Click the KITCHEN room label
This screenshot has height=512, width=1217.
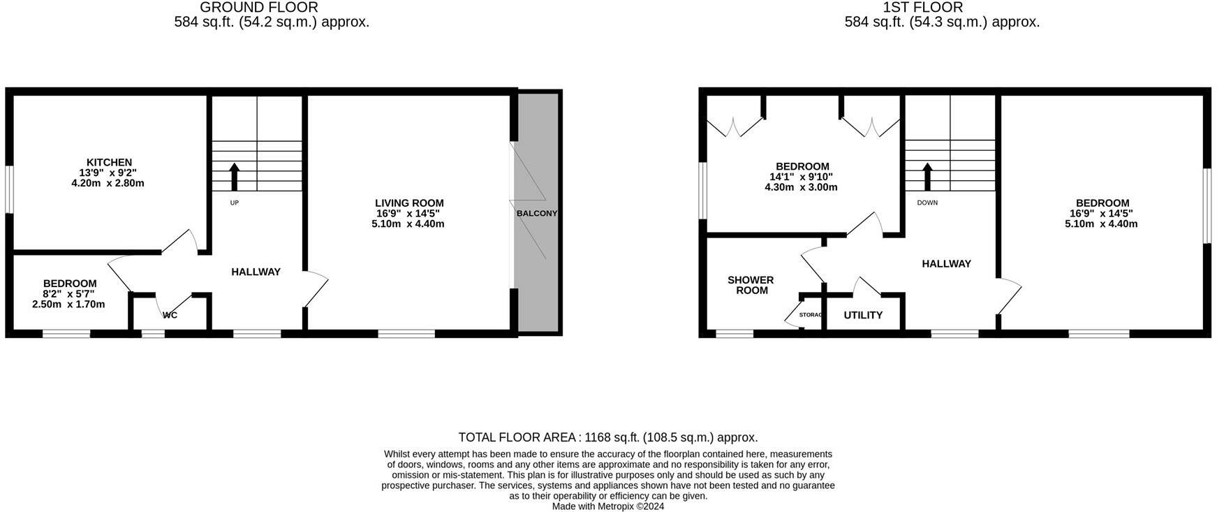pos(109,162)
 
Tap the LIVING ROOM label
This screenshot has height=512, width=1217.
pos(409,203)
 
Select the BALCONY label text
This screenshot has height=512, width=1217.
pos(537,213)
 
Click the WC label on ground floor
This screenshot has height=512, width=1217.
pos(170,315)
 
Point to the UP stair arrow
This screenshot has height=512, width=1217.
pos(234,177)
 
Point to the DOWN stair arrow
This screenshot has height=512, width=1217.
pos(927,177)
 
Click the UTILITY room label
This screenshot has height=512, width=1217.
pos(863,315)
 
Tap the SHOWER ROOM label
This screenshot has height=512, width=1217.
pos(751,285)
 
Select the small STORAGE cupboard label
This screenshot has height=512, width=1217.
pos(811,315)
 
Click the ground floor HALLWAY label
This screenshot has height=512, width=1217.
pos(256,272)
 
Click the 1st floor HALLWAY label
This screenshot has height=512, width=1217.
pos(946,263)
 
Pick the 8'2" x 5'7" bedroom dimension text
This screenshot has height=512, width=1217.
pos(68,294)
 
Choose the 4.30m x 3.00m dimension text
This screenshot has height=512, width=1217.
pos(801,187)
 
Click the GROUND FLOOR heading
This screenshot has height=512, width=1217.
pos(259,8)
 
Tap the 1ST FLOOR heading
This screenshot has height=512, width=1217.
pos(922,8)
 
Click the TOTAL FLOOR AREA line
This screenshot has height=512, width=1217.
pos(607,437)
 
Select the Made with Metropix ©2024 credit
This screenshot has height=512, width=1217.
pos(607,506)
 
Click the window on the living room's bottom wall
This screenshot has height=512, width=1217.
pos(406,334)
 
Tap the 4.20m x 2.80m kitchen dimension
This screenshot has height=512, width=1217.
pos(108,183)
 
